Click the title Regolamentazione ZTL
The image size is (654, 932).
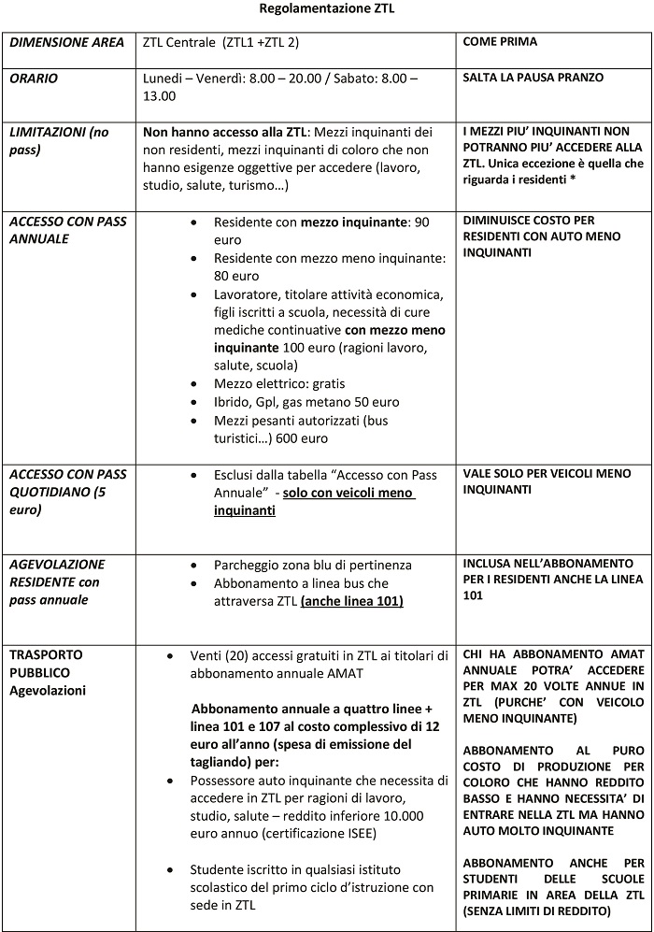326,10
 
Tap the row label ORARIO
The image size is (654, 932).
34,79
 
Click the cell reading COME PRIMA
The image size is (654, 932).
500,42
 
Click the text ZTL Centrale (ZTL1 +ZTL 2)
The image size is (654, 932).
220,42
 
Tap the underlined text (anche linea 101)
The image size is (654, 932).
351,601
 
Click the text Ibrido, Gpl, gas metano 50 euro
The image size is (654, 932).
306,402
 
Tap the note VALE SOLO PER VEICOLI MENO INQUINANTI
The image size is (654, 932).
544,481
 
